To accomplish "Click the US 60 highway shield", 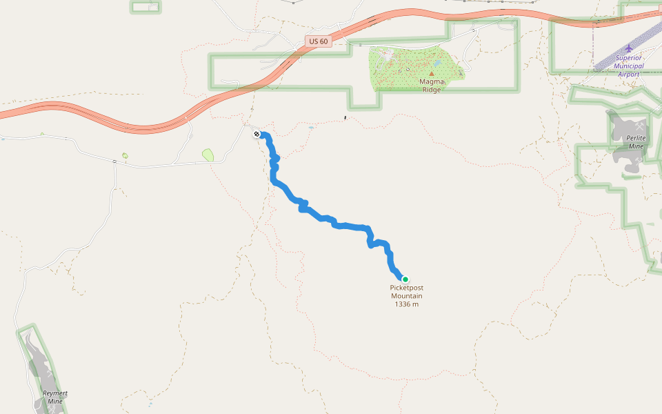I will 319,41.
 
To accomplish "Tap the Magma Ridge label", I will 432,85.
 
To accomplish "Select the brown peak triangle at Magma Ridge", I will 432,72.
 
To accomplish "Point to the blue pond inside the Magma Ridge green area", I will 437,63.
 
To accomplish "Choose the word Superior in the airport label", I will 628,58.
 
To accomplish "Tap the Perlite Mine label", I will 636,142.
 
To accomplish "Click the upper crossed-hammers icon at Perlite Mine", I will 641,128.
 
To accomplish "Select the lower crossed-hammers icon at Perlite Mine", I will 649,223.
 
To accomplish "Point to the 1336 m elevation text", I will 406,304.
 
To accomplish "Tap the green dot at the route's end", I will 405,279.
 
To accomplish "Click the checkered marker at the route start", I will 257,133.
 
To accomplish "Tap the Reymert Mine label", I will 55,397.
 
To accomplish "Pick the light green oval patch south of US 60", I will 208,155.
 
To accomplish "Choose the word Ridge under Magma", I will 432,90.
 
